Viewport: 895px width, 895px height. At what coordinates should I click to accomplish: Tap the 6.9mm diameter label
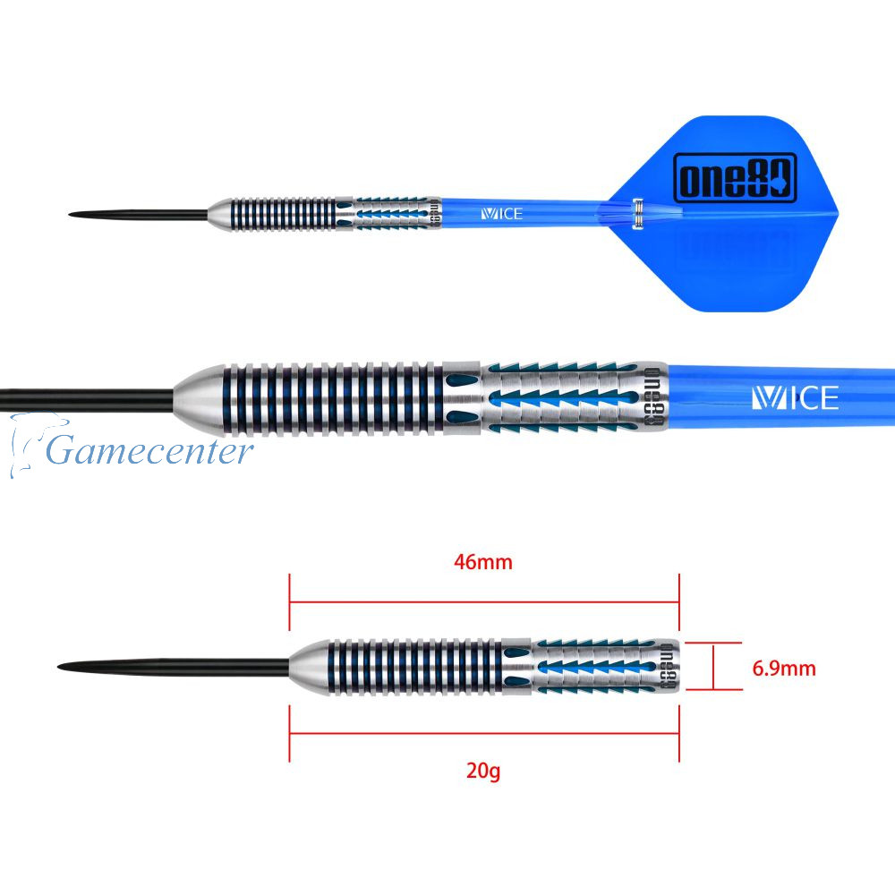[x=784, y=667]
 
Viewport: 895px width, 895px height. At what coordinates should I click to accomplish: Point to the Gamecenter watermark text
[x=149, y=450]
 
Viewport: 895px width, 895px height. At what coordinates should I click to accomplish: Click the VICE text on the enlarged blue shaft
[x=794, y=397]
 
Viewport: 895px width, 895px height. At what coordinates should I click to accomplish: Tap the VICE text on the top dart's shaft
[x=501, y=214]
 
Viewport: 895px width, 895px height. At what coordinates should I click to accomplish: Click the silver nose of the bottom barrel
[x=306, y=667]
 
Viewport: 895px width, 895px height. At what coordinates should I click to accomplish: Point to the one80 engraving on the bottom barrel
[x=667, y=667]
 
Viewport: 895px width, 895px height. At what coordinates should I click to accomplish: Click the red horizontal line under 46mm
[x=484, y=601]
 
